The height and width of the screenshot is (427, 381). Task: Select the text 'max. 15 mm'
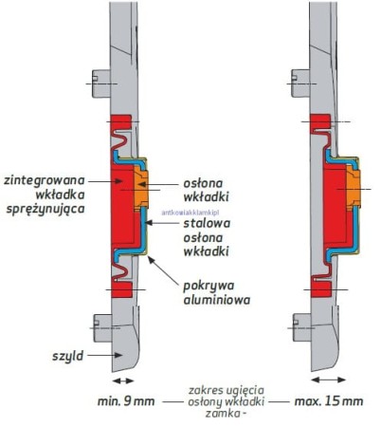point(328,401)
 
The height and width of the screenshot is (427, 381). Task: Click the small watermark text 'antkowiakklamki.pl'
point(191,213)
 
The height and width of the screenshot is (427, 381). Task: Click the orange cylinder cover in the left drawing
point(138,190)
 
